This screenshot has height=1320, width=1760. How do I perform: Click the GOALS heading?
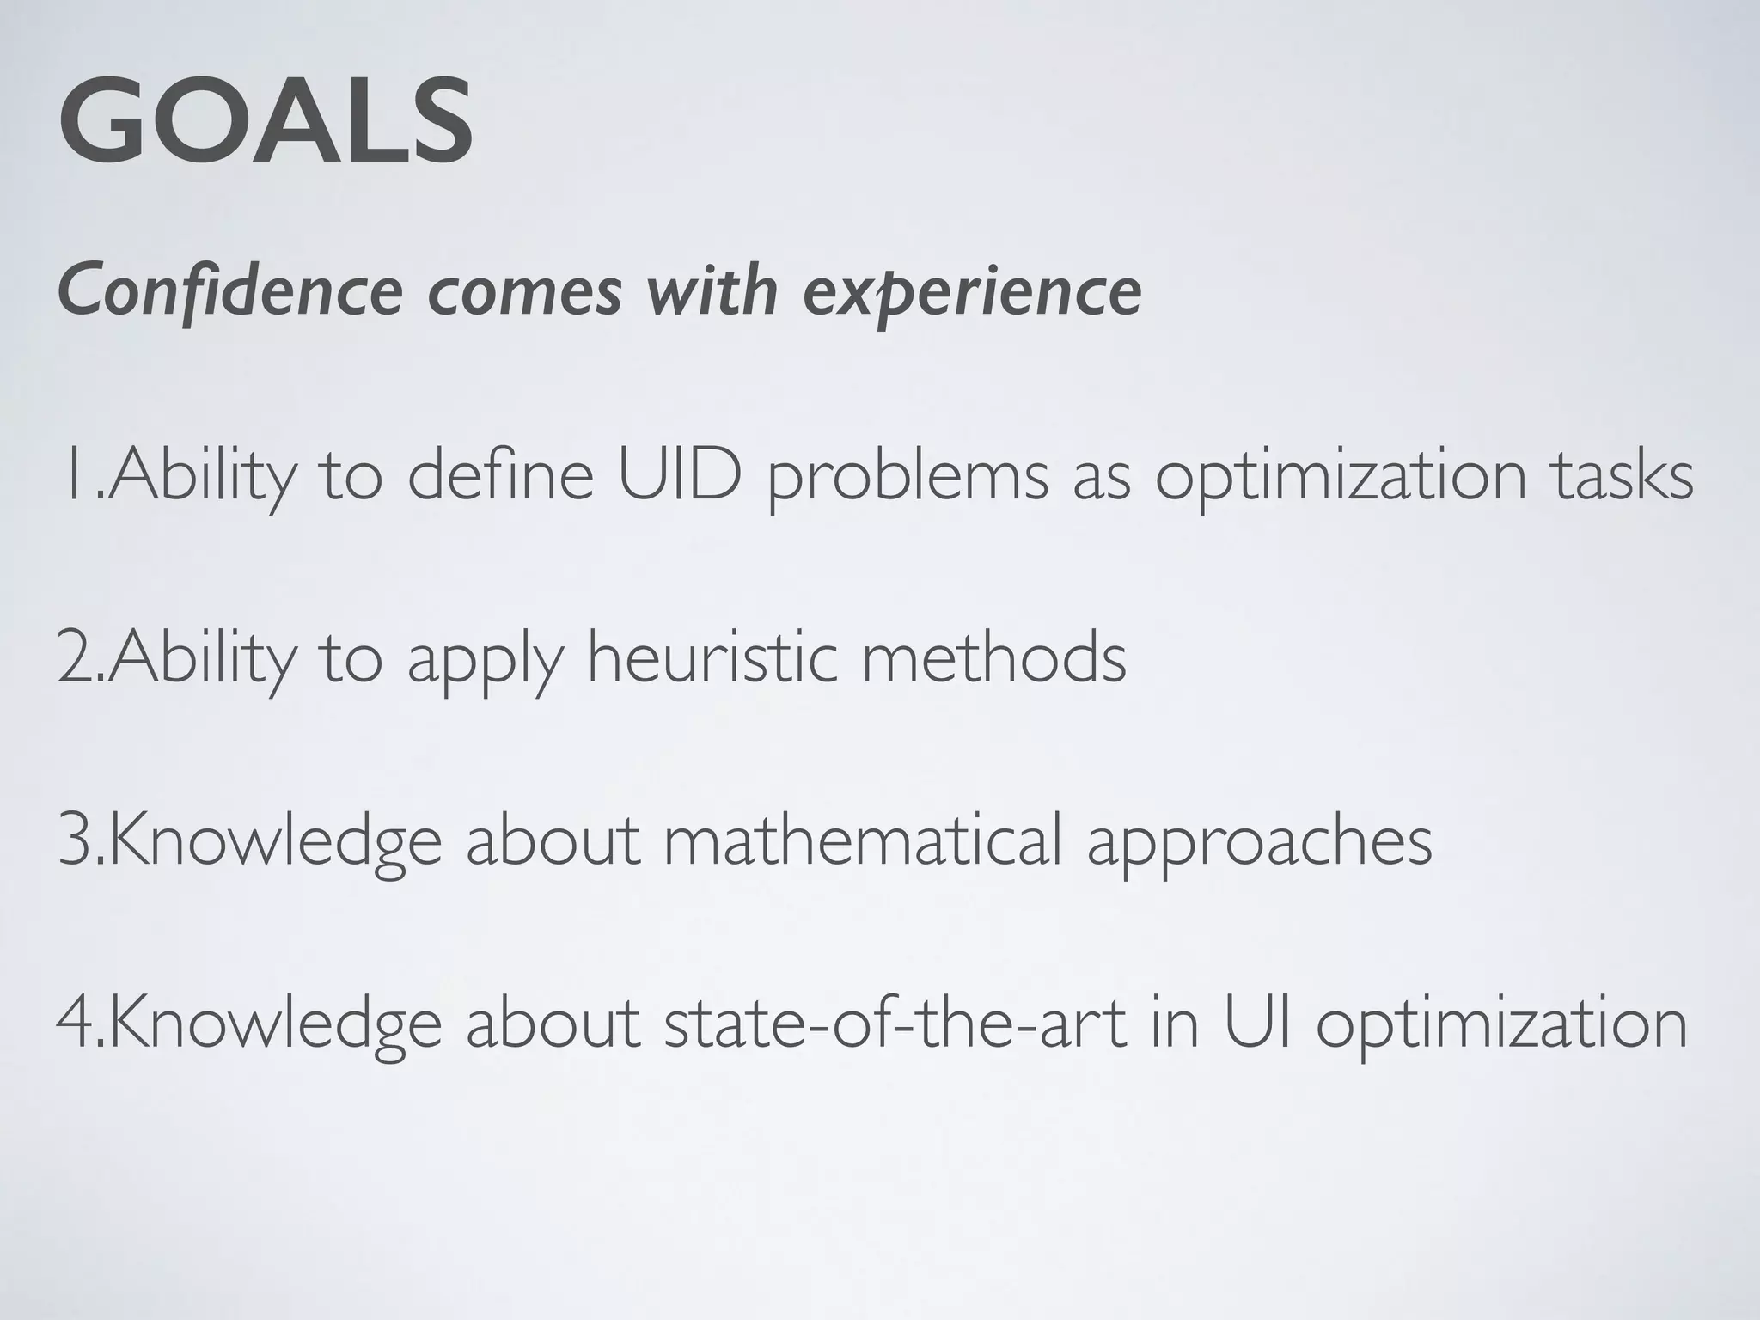(266, 121)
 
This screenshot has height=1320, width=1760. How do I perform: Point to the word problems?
(907, 477)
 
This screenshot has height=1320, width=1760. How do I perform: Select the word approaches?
(1259, 842)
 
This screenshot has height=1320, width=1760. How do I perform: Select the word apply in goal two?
(485, 660)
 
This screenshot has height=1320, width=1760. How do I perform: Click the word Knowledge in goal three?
(275, 842)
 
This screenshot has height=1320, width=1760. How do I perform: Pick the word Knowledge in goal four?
(275, 1024)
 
